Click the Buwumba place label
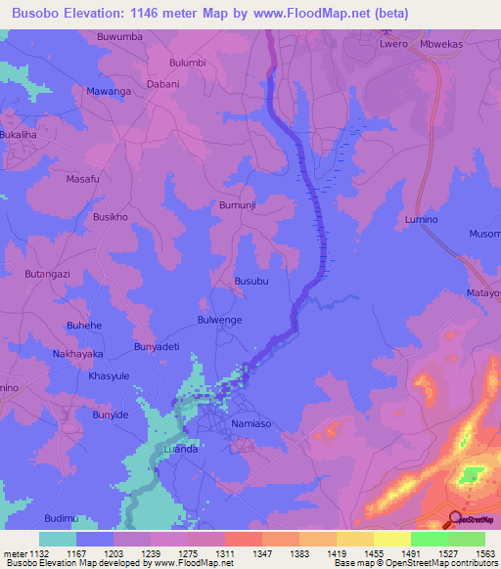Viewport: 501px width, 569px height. pos(119,37)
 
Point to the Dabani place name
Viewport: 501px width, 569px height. pos(163,84)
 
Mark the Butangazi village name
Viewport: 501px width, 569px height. pos(47,277)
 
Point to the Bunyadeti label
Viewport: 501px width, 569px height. pos(157,347)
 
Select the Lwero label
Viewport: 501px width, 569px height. pos(393,44)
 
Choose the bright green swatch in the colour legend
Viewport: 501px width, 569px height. pos(429,539)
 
